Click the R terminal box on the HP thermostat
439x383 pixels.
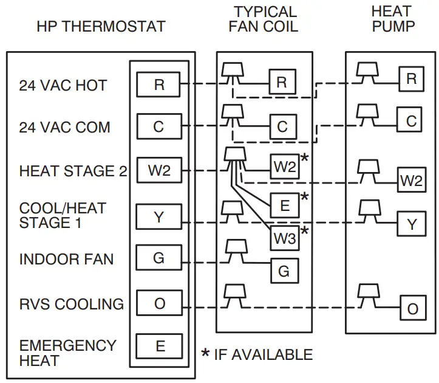tap(158, 85)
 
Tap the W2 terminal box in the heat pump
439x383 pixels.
tap(411, 181)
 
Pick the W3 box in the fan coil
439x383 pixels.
tap(284, 238)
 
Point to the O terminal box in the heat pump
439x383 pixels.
tap(412, 309)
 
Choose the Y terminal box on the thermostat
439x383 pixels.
tap(158, 216)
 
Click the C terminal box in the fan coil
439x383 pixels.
tap(282, 126)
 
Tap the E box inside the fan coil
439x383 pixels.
tap(284, 205)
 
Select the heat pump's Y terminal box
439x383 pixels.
tap(412, 224)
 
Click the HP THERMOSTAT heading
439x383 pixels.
tap(101, 27)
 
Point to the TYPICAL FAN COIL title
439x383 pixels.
tap(265, 19)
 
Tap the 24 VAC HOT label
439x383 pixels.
tap(63, 86)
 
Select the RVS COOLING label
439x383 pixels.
tap(72, 304)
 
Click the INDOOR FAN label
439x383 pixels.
tap(66, 260)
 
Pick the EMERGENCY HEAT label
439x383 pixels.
tap(67, 353)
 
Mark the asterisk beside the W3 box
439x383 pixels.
tap(304, 231)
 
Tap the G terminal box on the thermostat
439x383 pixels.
tap(158, 258)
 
